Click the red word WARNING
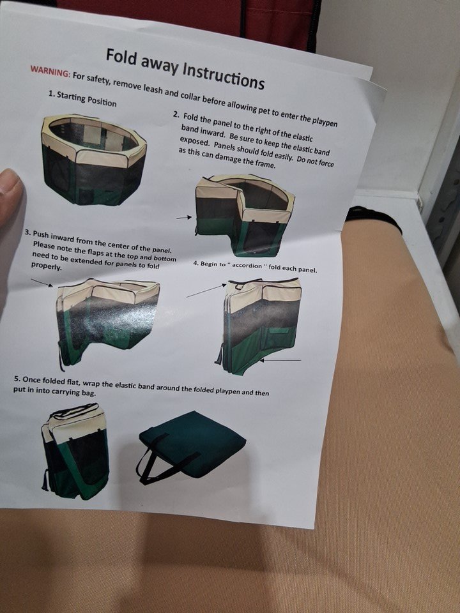click(x=50, y=71)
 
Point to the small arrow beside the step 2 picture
click(x=184, y=217)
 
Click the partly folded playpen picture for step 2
click(x=245, y=215)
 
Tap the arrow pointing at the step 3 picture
click(x=42, y=283)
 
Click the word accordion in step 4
click(x=247, y=266)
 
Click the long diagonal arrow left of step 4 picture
click(x=206, y=291)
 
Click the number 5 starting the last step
click(x=17, y=379)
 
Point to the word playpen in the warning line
click(x=325, y=121)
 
